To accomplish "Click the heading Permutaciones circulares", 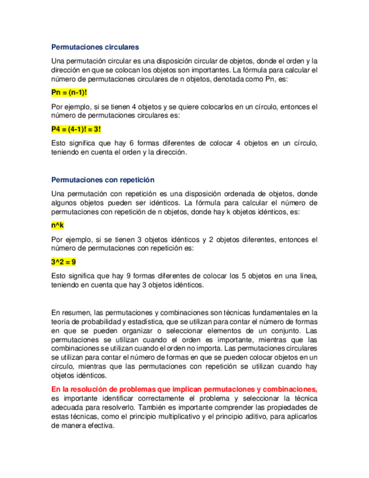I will pos(95,47).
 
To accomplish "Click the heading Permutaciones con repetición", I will pos(103,180).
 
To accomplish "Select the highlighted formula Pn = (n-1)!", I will pos(69,92).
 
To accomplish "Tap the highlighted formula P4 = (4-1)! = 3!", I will pos(76,129).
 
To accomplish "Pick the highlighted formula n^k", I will pos(57,225).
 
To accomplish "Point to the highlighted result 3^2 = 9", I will pos(64,262).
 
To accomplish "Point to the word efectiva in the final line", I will pos(99,426).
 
